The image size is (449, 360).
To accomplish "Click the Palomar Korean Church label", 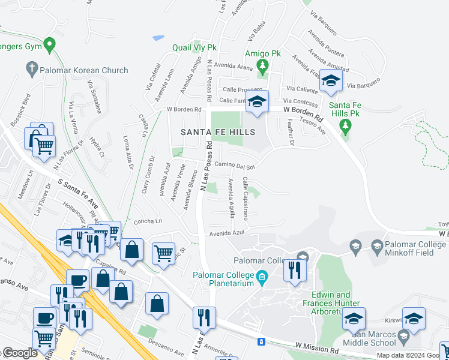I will point(84,70).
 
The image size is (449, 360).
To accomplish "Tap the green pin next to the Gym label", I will point(50,44).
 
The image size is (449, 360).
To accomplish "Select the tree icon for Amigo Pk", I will point(262,64).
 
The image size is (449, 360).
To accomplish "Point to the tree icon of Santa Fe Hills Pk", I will point(345,125).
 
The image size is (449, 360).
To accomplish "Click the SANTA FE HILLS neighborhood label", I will point(218,132).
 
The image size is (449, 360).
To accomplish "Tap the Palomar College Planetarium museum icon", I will point(262,277).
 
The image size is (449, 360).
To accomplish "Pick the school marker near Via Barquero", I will point(330,81).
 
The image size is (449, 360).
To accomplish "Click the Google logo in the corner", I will point(19,353).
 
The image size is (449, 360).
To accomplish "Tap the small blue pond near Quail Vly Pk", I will point(158,38).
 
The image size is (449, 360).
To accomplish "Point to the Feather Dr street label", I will point(291,131).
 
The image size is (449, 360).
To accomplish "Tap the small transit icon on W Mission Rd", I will point(261,342).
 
